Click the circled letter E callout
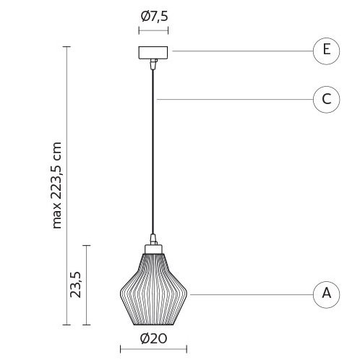click(x=326, y=51)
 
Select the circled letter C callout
click(x=326, y=99)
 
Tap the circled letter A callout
click(x=326, y=294)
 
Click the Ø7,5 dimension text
click(x=154, y=17)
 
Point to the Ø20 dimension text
click(x=153, y=338)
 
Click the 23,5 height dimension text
click(x=75, y=285)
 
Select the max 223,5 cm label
click(x=57, y=185)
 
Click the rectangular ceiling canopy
click(x=153, y=53)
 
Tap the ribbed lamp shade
click(x=153, y=288)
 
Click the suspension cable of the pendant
click(x=153, y=152)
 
